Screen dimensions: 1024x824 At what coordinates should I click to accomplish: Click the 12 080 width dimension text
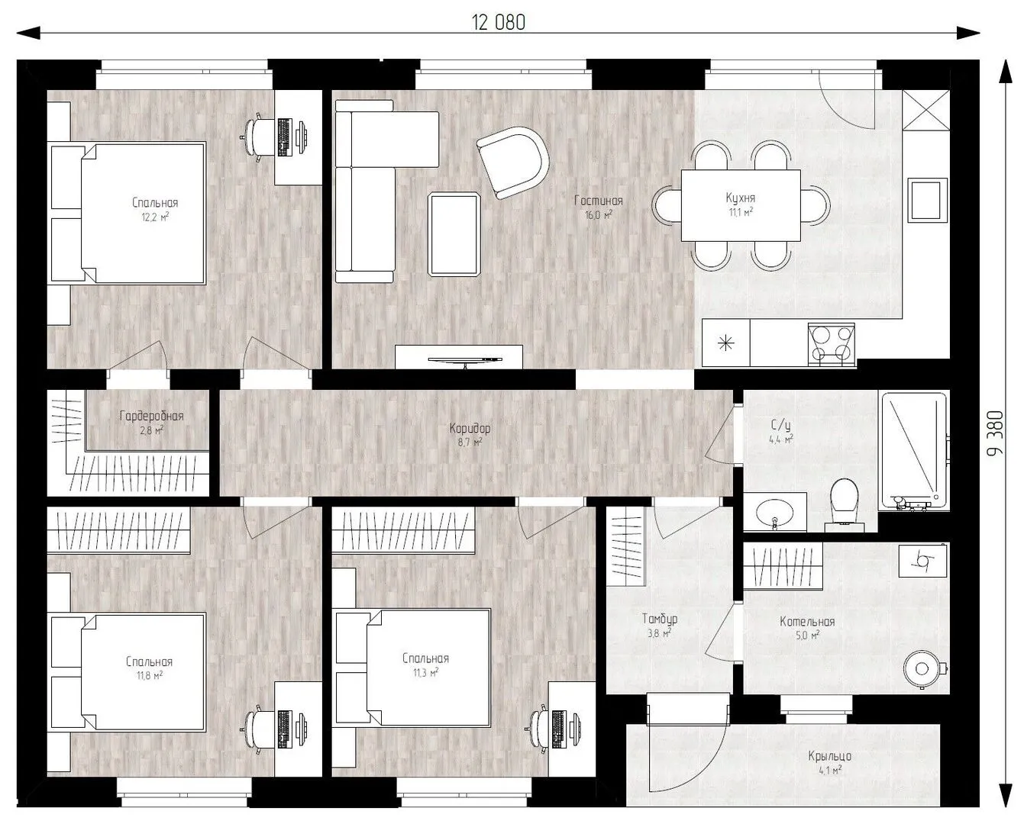(498, 22)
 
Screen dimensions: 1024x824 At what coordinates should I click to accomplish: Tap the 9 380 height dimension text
(996, 433)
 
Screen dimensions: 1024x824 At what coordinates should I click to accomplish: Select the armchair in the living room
(513, 163)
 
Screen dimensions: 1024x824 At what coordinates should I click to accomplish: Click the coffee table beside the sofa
(454, 234)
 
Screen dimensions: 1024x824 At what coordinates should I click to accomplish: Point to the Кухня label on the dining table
(741, 198)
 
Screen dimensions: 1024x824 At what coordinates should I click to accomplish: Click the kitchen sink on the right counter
(928, 200)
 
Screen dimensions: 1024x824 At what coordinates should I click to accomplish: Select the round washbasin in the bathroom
(774, 513)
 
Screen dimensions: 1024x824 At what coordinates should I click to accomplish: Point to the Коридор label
(470, 429)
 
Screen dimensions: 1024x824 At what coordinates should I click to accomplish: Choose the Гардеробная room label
(151, 416)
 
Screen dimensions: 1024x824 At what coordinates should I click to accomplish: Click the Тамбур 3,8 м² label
(660, 626)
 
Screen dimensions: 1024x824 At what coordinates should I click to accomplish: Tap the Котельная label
(807, 622)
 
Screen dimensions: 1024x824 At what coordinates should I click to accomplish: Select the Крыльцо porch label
(830, 755)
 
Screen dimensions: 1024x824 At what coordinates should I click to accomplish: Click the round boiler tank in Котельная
(922, 669)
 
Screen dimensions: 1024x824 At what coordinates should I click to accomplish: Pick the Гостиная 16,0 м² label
(598, 208)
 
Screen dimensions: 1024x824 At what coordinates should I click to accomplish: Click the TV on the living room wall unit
(464, 361)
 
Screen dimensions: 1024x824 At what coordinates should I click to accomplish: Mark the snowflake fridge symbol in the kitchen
(725, 343)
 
